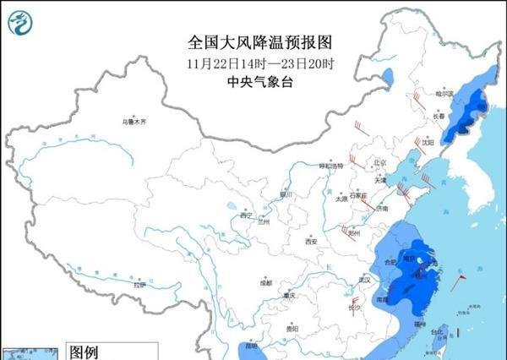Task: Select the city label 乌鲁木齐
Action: (x=134, y=122)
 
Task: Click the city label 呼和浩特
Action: (x=331, y=166)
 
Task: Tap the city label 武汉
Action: (x=365, y=278)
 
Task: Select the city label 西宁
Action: (x=247, y=215)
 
